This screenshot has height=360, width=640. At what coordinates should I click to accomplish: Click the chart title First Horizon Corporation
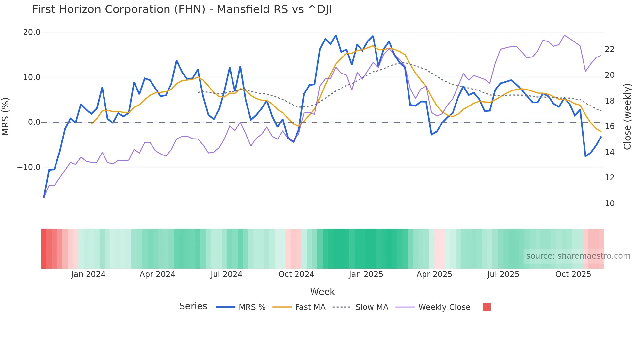tap(182, 9)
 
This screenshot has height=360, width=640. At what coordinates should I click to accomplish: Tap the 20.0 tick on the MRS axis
tap(32, 32)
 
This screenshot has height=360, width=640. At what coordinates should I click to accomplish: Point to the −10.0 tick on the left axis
tap(29, 167)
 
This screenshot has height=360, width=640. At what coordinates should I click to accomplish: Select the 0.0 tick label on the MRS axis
tap(34, 122)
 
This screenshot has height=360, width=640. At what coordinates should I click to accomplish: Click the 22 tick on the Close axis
tap(609, 49)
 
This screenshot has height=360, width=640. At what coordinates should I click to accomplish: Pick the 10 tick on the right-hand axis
tap(609, 204)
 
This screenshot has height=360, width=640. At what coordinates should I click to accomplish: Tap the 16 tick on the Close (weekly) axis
tap(609, 126)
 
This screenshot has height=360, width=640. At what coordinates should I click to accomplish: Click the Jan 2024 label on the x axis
tap(88, 274)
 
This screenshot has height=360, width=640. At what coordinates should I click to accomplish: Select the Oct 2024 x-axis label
tap(296, 274)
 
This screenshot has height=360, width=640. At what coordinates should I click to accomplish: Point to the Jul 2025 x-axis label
tap(503, 274)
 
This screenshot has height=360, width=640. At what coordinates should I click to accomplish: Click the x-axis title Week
tap(322, 292)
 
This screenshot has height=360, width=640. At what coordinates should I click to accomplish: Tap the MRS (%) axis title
tap(6, 116)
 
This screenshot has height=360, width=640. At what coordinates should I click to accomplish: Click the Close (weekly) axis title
tap(627, 117)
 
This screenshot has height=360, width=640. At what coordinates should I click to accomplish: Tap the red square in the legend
tap(487, 307)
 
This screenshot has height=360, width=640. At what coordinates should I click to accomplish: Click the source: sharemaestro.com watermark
tap(578, 256)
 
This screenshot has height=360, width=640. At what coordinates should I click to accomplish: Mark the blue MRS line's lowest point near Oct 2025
tap(585, 156)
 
